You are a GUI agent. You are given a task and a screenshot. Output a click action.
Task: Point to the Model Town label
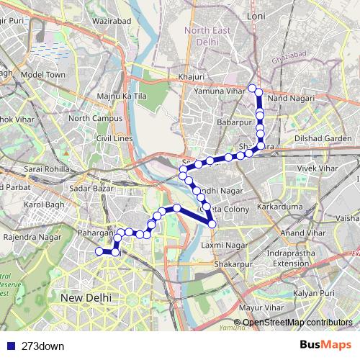point(43,74)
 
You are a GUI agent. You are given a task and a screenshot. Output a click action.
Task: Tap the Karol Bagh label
point(45,214)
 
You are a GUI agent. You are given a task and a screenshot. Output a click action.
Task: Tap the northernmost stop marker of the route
point(253,89)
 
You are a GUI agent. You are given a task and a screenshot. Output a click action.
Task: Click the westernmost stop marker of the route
point(99,251)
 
